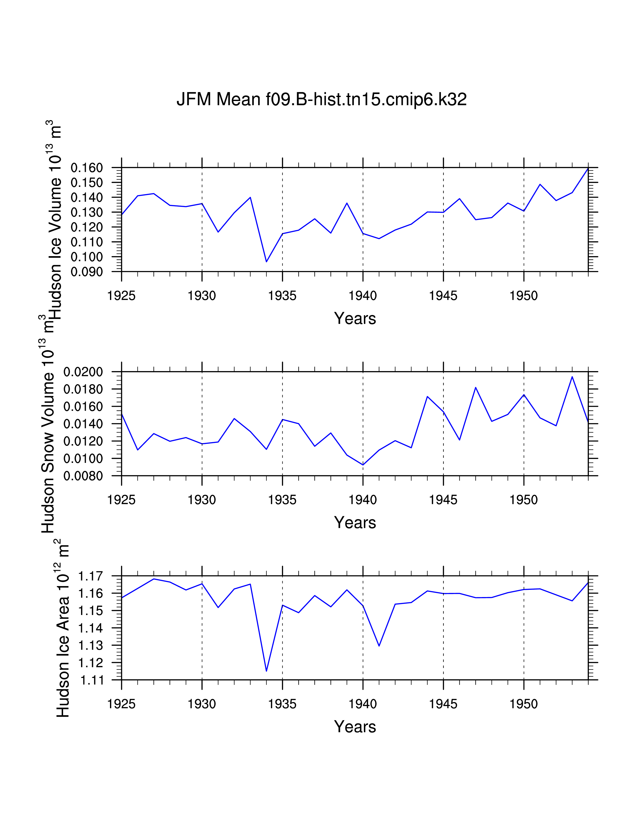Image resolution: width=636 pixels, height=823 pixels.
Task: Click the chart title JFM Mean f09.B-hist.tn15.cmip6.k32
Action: pyautogui.click(x=321, y=100)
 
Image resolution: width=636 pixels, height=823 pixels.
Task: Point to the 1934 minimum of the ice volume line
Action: pyautogui.click(x=266, y=262)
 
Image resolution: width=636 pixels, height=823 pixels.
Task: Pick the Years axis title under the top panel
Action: pyautogui.click(x=355, y=318)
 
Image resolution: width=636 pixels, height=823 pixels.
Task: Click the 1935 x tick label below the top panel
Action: pyautogui.click(x=282, y=296)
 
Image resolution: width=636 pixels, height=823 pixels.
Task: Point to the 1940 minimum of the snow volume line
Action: pyautogui.click(x=363, y=465)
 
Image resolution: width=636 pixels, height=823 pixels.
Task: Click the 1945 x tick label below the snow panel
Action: pyautogui.click(x=443, y=500)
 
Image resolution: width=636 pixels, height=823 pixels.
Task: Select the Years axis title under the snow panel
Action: pyautogui.click(x=355, y=523)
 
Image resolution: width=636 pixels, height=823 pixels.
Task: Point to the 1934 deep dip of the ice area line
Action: pyautogui.click(x=266, y=671)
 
